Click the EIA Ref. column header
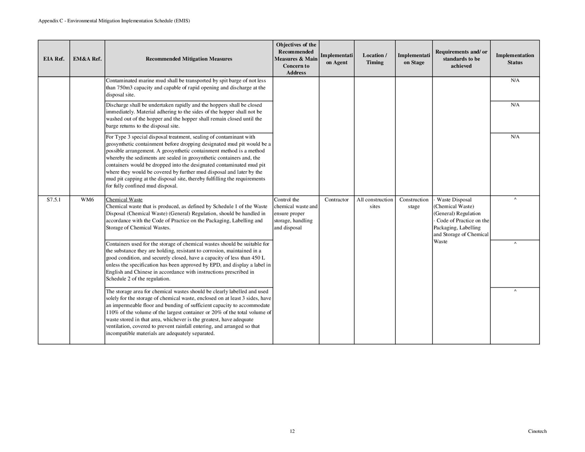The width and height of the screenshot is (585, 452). point(54,59)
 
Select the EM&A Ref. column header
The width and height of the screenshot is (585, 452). point(87,59)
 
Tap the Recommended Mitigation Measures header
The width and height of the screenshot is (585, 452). point(189,59)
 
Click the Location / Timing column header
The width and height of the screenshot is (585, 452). point(375,59)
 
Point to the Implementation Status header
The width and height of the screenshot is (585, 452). point(515,59)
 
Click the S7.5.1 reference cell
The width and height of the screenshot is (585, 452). point(54,200)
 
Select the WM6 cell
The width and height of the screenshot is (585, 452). point(87,200)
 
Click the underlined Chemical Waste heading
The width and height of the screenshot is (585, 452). point(124,200)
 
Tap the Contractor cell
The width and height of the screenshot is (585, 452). point(336,200)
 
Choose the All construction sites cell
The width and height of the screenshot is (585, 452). point(375,203)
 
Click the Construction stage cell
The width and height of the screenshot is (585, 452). point(414,203)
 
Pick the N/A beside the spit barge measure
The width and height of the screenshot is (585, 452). point(515,80)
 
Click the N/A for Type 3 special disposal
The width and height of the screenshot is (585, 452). point(515,137)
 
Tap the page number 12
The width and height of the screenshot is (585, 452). point(292,431)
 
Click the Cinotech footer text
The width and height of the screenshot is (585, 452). point(537,431)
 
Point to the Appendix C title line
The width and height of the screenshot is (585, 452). point(114,21)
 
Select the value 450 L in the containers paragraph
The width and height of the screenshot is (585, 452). point(258,258)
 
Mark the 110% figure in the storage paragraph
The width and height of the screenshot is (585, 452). point(112,312)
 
